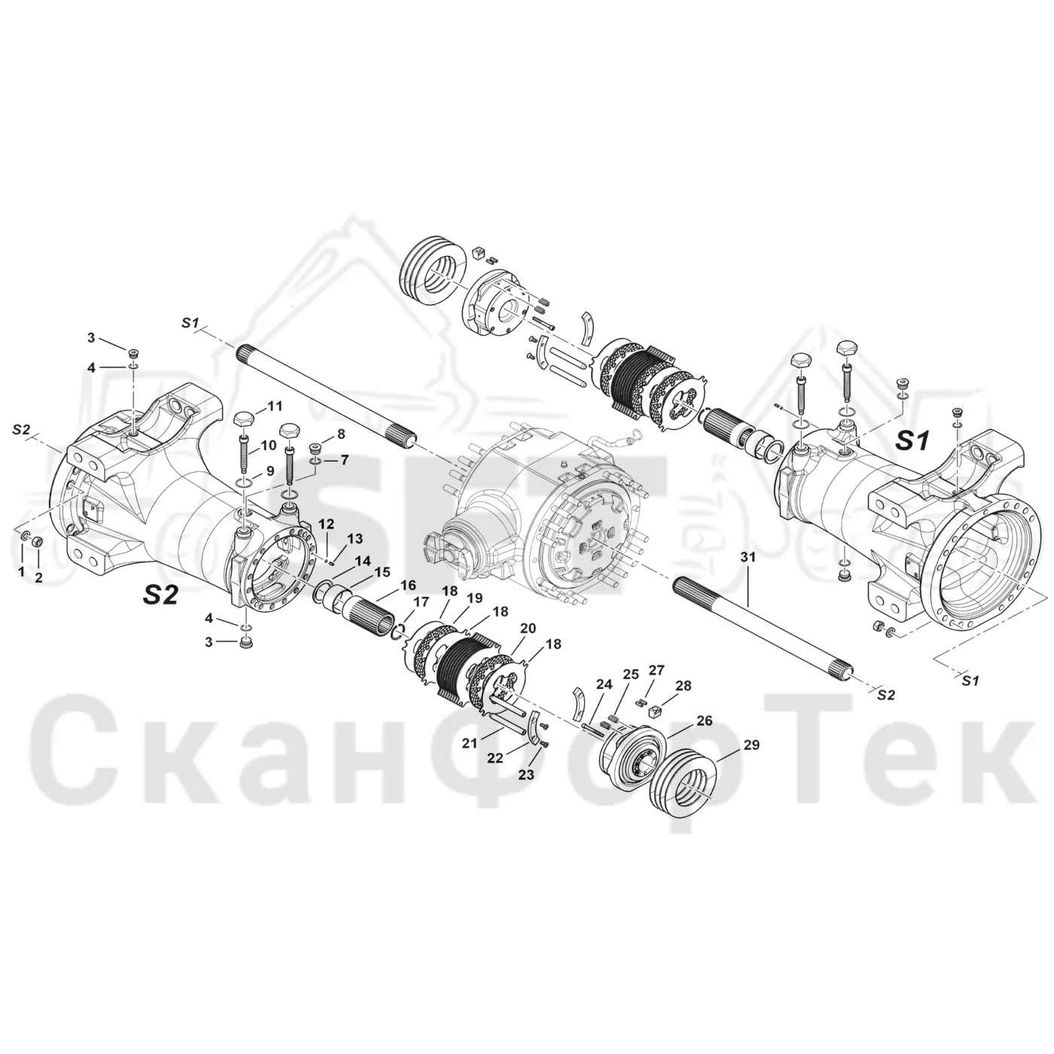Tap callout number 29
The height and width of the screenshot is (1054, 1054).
[x=751, y=745]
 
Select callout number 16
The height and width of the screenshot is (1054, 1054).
[x=408, y=585]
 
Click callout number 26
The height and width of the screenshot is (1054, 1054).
[x=705, y=721]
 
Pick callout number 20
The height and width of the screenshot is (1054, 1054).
[x=528, y=629]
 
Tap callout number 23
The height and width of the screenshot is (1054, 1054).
[x=527, y=775]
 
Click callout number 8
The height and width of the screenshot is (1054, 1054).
[x=341, y=434]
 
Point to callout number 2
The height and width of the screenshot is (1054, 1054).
[x=39, y=577]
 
